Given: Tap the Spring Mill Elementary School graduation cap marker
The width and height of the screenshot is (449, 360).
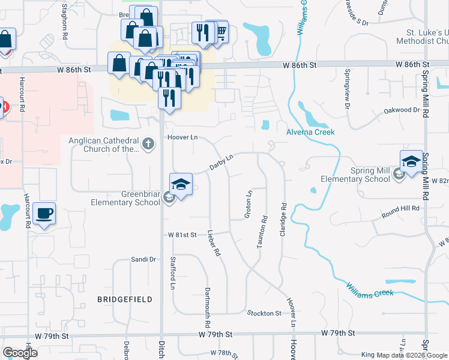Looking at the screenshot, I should tap(412, 162).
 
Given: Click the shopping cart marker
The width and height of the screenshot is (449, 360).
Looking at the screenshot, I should tap(220, 31).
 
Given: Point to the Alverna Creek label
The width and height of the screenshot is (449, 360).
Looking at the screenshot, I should tap(310, 131).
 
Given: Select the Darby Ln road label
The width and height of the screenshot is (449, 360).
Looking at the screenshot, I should tap(220, 162).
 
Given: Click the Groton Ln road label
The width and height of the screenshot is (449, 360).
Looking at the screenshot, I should tap(249, 204).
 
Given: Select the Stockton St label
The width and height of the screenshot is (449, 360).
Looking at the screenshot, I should tap(264, 313).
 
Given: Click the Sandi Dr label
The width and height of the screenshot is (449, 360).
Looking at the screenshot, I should tap(143, 259).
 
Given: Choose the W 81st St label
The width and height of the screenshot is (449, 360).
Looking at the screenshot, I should tap(182, 235).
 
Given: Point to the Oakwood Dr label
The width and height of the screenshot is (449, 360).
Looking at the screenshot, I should tap(402, 110).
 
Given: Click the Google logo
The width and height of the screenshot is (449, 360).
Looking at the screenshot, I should tap(20, 352).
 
